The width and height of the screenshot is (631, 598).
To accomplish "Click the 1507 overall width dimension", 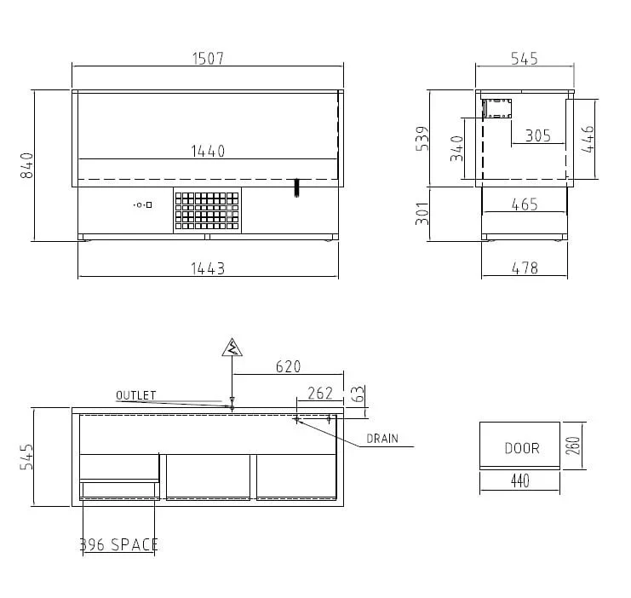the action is coord(208,59).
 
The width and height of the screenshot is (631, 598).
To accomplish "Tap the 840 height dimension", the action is coord(27,165).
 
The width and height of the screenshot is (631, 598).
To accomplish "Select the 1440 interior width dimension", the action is coord(208,152).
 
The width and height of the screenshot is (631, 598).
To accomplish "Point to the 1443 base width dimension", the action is coord(208,268).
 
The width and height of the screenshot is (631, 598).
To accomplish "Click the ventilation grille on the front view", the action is coord(207,210).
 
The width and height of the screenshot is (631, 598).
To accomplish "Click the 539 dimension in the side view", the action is coord(422,139).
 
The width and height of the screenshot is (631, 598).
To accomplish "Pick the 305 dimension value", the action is coord(538,135).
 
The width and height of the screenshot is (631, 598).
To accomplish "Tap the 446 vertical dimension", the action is coord(588,139).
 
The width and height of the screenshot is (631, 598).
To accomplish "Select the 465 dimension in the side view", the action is coord(525,204).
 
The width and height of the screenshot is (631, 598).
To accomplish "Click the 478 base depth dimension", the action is coord(525,267).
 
